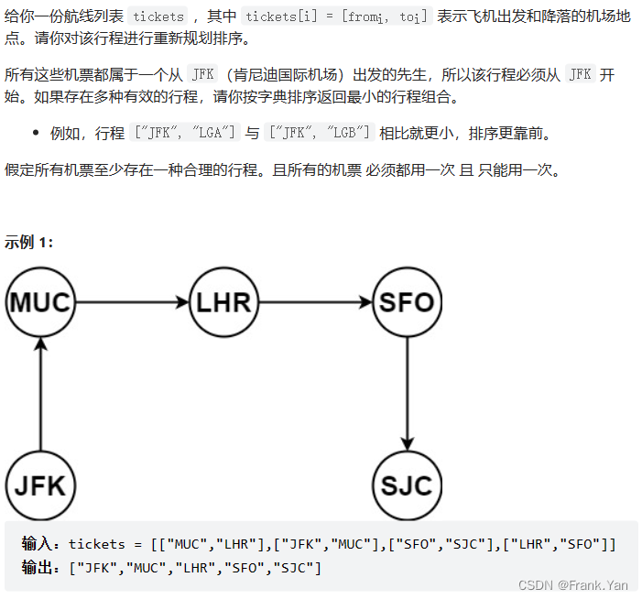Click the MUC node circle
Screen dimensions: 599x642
click(x=40, y=302)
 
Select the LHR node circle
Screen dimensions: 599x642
click(x=224, y=302)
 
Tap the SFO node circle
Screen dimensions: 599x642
click(x=407, y=302)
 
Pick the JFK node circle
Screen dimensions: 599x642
click(x=40, y=485)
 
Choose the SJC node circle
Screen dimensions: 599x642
click(x=407, y=485)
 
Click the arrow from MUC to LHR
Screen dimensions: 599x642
click(x=132, y=302)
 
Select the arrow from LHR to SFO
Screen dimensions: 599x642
click(x=316, y=302)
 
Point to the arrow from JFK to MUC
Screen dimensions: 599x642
click(x=40, y=394)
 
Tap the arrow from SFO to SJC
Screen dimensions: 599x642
click(x=407, y=394)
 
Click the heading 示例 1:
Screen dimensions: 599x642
click(x=29, y=242)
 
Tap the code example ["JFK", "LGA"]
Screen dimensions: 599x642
click(x=186, y=134)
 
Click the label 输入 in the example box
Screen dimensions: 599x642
click(x=42, y=545)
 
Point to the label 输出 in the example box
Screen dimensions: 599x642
click(x=42, y=569)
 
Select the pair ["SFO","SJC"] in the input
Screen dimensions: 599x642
click(x=437, y=545)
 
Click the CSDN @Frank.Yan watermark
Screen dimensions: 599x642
click(x=573, y=585)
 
